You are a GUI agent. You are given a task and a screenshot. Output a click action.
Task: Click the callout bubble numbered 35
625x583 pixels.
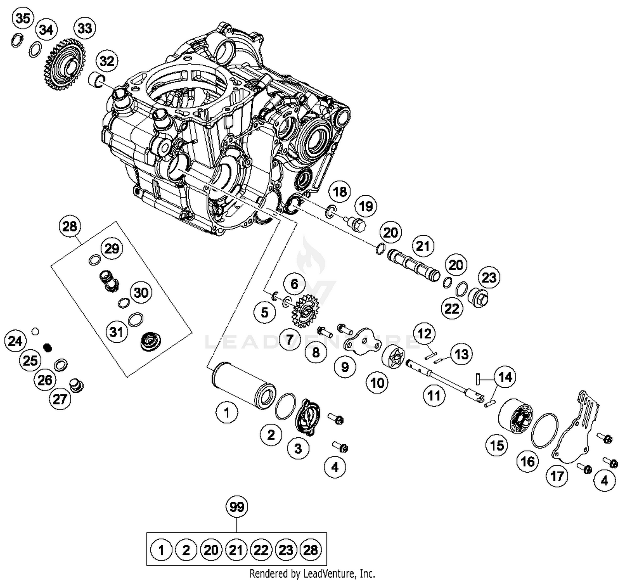[x=22, y=18]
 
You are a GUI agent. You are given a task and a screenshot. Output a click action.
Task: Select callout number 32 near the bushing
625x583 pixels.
[x=107, y=61]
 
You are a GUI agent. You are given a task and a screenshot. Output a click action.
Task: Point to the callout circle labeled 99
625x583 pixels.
[x=237, y=507]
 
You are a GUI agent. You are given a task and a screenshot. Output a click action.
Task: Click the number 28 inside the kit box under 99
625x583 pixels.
[x=311, y=550]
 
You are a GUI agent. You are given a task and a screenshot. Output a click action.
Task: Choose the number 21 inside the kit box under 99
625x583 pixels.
[x=236, y=550]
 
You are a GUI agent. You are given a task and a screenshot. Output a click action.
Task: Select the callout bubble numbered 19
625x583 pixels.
[x=366, y=206]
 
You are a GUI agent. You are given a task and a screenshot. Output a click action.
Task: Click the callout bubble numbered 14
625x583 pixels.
[x=505, y=377]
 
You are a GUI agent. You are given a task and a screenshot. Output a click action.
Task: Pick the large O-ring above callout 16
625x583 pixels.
[x=545, y=431]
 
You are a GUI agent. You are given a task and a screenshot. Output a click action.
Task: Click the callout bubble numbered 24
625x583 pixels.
[x=15, y=341]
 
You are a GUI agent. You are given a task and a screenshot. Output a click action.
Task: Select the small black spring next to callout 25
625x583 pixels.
[x=47, y=347]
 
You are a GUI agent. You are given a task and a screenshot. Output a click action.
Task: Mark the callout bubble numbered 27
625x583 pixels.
[x=60, y=399]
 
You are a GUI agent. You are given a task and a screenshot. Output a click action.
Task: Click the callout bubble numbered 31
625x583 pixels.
[x=116, y=332]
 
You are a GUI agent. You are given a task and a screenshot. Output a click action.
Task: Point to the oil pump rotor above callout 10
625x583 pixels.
[x=393, y=357]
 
